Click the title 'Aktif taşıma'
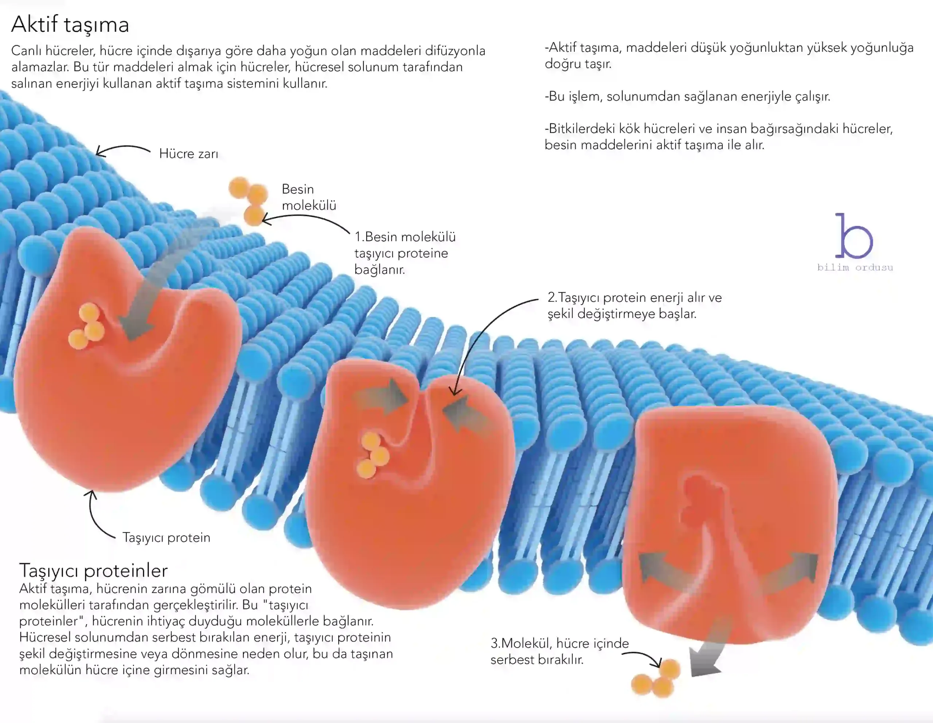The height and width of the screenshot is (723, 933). tap(70, 24)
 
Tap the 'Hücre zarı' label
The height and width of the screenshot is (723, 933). tap(188, 154)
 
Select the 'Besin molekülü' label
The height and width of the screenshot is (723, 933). tap(308, 197)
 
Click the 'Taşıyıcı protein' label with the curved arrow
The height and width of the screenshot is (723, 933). tap(166, 537)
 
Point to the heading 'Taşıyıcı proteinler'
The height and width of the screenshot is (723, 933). tap(94, 571)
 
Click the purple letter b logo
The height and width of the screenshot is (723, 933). tap(853, 237)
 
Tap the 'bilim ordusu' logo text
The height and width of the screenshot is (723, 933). tap(855, 268)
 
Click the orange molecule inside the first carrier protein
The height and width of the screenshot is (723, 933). tap(87, 327)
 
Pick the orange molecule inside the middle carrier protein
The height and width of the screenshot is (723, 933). tap(373, 455)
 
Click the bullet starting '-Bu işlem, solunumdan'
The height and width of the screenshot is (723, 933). tap(687, 97)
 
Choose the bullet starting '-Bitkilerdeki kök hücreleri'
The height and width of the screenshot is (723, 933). tap(719, 137)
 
